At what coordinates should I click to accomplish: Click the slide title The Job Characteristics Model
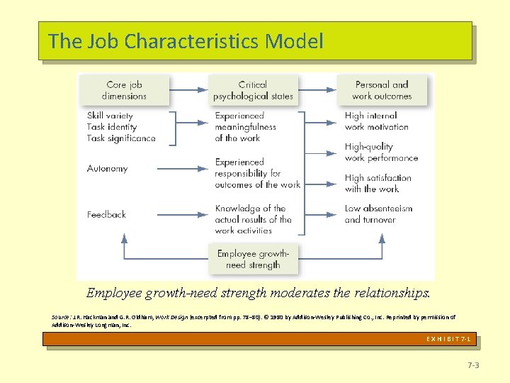point(186,41)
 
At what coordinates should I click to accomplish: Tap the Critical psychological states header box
point(253,91)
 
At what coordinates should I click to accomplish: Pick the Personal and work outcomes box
point(382,91)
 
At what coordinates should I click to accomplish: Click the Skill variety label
point(110,116)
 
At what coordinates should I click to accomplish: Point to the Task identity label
point(110,127)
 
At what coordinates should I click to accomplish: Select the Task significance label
point(121,138)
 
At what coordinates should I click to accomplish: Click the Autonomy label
point(108,169)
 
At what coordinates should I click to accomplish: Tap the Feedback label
point(106,214)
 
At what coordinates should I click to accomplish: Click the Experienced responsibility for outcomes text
point(257,173)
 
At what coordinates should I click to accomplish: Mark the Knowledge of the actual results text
point(253,219)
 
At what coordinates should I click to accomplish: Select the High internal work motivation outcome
point(376,121)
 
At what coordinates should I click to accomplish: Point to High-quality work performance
point(381,152)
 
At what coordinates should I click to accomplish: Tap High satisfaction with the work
point(378,183)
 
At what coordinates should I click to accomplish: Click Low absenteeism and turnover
point(378,214)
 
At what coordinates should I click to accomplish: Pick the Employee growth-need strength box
point(253,259)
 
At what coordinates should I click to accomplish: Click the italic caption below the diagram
point(258,292)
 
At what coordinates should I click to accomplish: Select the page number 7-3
point(473,365)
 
